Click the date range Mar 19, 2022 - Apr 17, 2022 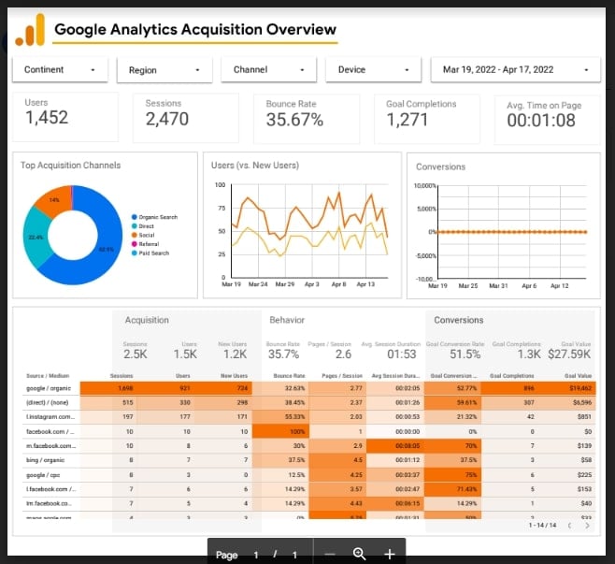tap(515, 69)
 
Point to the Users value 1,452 tap(47, 118)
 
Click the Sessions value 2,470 tap(167, 119)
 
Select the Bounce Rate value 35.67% tap(294, 119)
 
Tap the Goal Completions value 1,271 tap(407, 119)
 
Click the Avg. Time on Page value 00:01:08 tap(541, 120)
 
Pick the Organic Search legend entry tap(157, 217)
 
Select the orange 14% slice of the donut tap(58, 200)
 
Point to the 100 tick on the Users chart tap(221, 184)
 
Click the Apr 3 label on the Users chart tap(311, 283)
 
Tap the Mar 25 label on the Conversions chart tap(467, 285)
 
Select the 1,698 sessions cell tap(125, 386)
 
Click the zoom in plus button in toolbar tap(390, 554)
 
